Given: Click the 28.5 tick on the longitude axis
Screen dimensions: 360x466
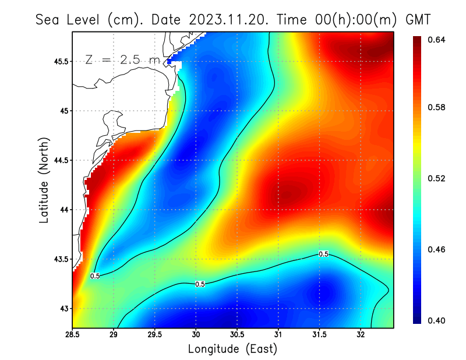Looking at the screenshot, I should [72, 336].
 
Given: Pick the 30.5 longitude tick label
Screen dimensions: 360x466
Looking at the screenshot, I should [237, 336].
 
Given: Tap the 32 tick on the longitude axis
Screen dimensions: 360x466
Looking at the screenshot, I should [361, 336].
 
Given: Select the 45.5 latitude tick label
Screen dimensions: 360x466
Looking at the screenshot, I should [58, 61].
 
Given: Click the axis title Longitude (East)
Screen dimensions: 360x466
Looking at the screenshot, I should [232, 349].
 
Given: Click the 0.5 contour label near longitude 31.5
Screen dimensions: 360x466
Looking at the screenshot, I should [323, 254].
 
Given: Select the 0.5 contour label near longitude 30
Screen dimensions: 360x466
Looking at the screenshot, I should [200, 284].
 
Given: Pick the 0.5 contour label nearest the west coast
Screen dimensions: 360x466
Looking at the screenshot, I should [95, 276].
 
